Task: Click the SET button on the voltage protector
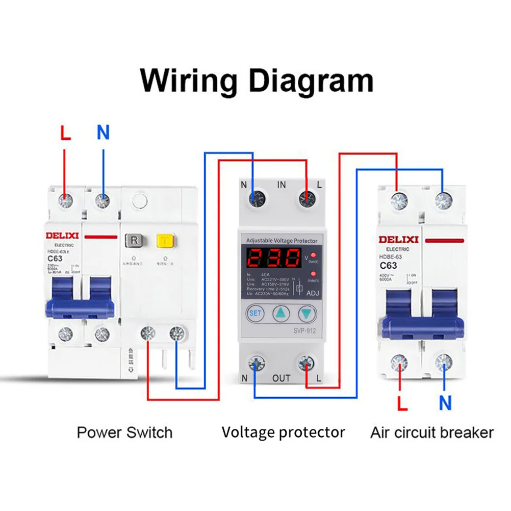(x=256, y=313)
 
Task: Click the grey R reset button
(x=134, y=240)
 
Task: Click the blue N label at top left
(x=103, y=133)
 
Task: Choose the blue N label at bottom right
(x=445, y=403)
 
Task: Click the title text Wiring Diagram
(x=257, y=81)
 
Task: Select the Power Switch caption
(x=124, y=433)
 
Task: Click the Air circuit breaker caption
(x=431, y=433)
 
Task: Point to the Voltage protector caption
(x=283, y=433)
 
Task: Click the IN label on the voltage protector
(x=282, y=185)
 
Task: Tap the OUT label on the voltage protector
(x=282, y=378)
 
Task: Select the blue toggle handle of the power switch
(x=80, y=308)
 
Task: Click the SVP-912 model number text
(x=304, y=330)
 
